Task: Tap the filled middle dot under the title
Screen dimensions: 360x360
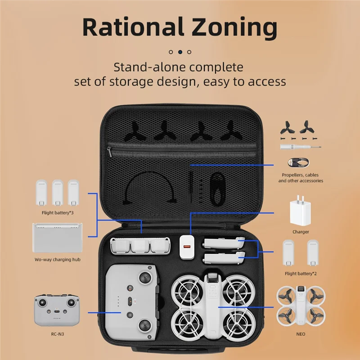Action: [180, 52]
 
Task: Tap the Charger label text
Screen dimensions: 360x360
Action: [301, 232]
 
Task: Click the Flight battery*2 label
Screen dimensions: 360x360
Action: [301, 273]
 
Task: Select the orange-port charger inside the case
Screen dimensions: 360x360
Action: [185, 247]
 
